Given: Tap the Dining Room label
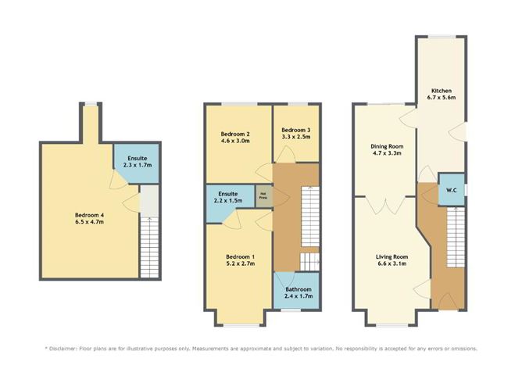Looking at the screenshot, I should tap(385, 145).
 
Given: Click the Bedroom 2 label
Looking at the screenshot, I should tap(235, 134).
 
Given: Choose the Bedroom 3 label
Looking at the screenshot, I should tap(296, 129).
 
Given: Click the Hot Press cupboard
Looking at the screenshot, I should tap(263, 196).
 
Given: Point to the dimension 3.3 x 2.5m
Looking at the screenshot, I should tap(296, 138).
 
